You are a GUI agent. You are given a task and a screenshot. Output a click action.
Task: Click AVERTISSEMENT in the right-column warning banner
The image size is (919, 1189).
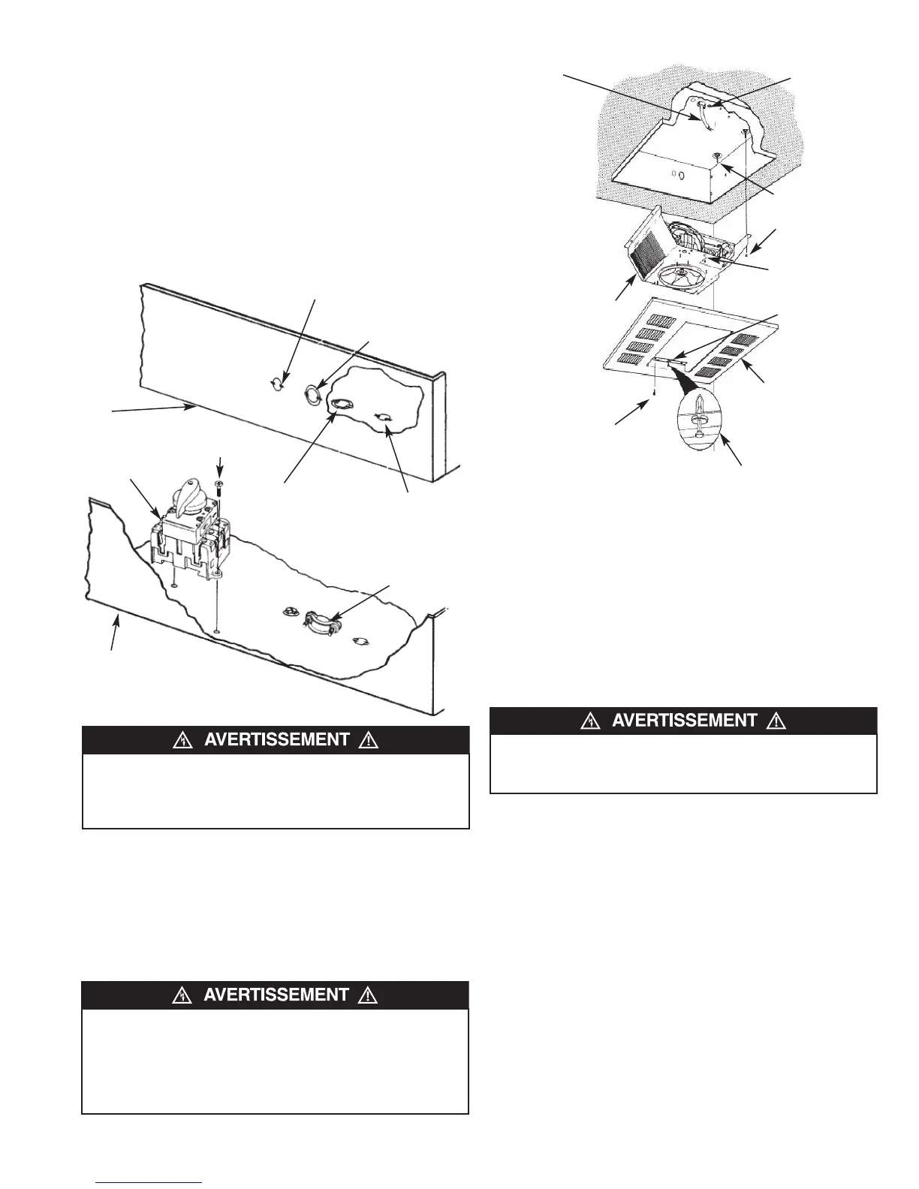pyautogui.click(x=684, y=721)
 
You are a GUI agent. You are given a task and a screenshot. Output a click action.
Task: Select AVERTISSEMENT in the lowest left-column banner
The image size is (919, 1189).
pyautogui.click(x=276, y=995)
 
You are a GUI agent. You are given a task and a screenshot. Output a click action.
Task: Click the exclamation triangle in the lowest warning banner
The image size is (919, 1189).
pyautogui.click(x=368, y=995)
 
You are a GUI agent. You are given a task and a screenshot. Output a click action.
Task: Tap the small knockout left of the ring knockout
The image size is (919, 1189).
pyautogui.click(x=277, y=384)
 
